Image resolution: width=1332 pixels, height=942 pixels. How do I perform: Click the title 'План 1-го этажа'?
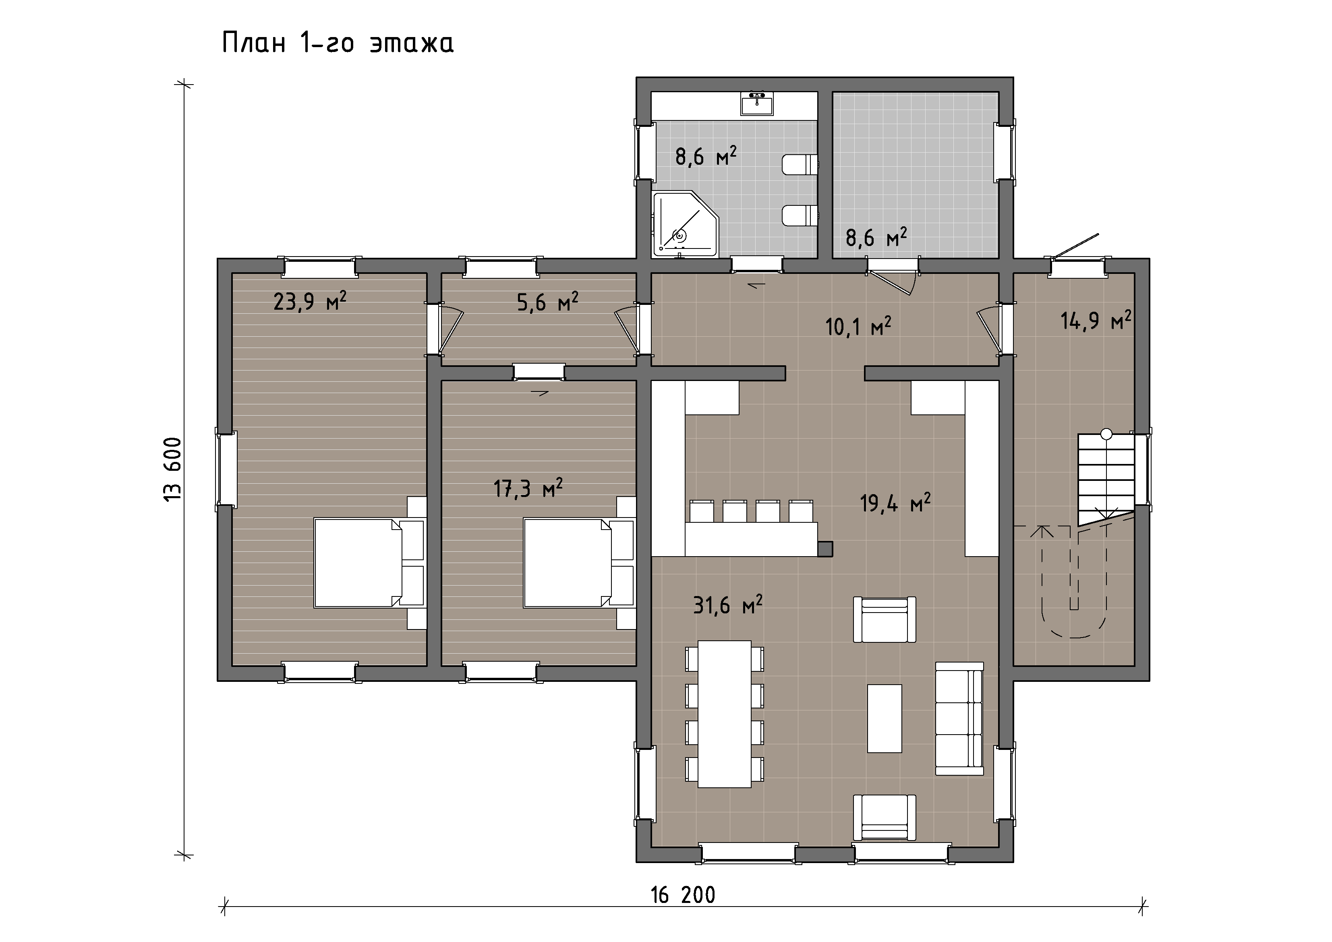click(338, 43)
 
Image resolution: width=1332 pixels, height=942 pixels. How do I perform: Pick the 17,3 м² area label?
click(528, 488)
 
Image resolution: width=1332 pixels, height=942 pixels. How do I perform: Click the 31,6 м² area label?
click(727, 605)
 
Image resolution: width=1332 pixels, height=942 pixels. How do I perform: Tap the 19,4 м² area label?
click(895, 502)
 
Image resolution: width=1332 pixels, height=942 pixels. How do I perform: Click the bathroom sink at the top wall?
click(757, 104)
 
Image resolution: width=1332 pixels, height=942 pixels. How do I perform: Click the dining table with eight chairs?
click(725, 714)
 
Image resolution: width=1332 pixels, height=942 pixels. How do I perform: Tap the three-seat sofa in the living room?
click(959, 718)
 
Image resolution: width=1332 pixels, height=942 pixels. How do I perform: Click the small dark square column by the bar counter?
click(825, 549)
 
